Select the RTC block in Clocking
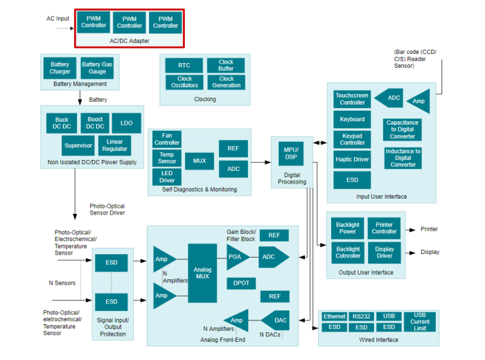184,65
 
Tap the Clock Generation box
226,82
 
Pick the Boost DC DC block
95,123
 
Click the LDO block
126,123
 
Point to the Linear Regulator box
114,145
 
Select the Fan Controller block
167,139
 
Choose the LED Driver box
167,177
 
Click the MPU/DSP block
291,152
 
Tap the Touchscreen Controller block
352,98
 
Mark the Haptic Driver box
352,159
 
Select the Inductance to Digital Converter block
403,158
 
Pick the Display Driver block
384,252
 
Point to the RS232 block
361,316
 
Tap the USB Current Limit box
420,321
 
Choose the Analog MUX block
202,272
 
